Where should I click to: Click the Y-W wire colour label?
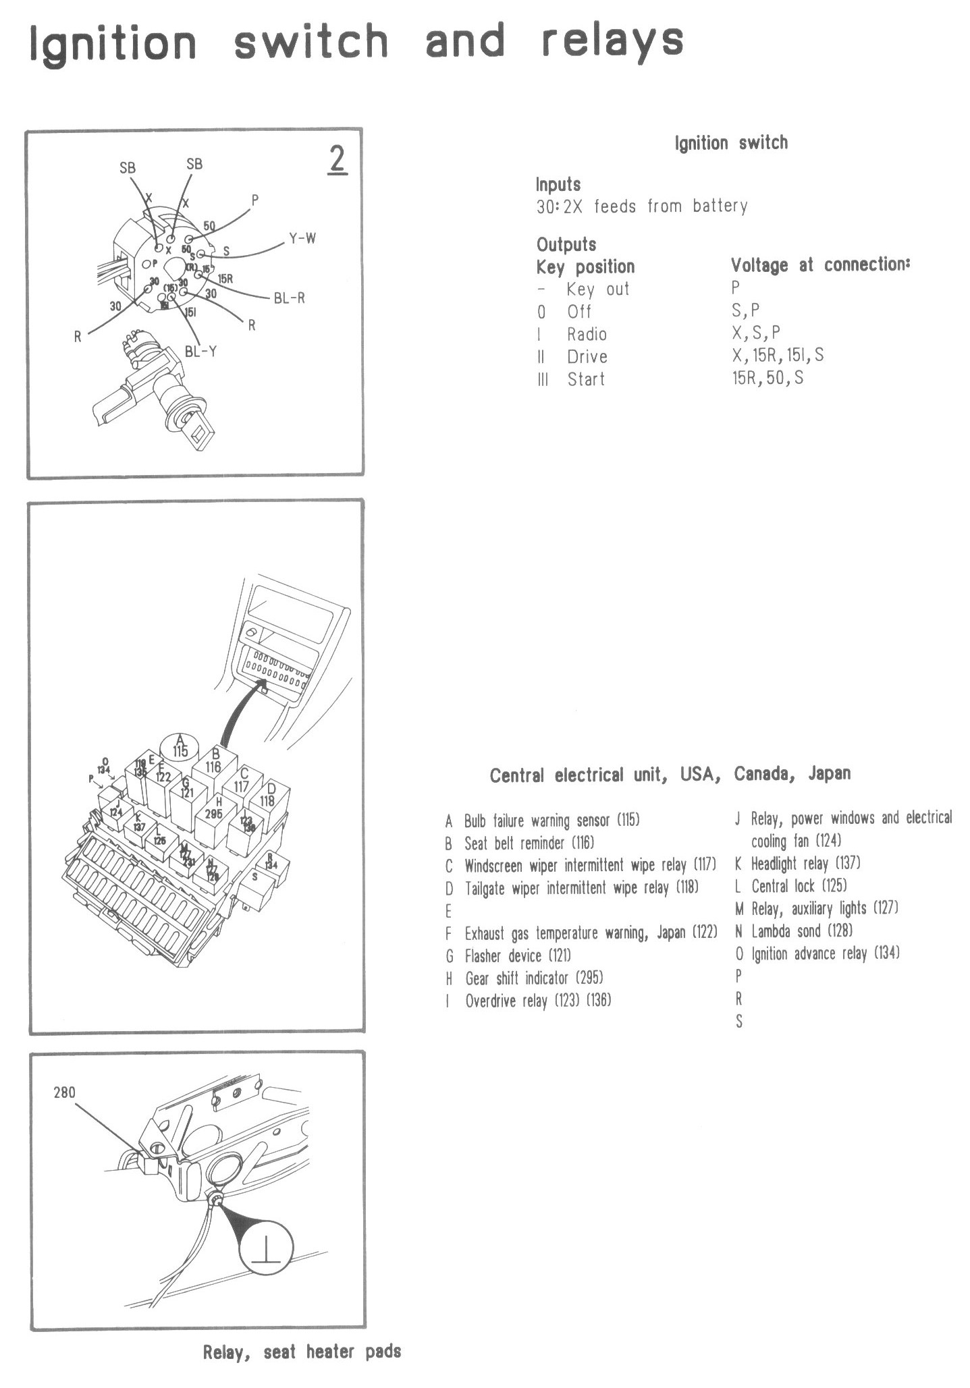click(x=302, y=238)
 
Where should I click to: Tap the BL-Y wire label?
click(x=200, y=351)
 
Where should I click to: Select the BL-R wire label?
click(x=289, y=298)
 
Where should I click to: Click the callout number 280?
click(x=65, y=1092)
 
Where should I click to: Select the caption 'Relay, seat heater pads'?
click(x=302, y=1352)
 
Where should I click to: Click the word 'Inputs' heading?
click(x=558, y=184)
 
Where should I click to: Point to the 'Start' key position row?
click(x=585, y=379)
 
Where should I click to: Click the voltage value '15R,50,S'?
click(x=767, y=378)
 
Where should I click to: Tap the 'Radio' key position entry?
click(x=586, y=334)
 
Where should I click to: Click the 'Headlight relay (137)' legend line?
click(x=805, y=863)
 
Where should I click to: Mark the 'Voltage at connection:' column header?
click(x=820, y=265)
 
